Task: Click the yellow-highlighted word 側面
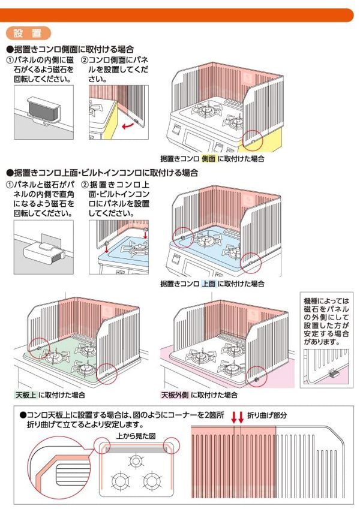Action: click(208, 159)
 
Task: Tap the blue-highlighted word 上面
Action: click(208, 283)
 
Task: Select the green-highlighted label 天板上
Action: click(26, 395)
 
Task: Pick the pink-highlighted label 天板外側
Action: click(175, 395)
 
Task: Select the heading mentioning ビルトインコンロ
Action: click(102, 173)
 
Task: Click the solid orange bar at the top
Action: click(180, 15)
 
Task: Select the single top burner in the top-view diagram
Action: click(137, 460)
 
